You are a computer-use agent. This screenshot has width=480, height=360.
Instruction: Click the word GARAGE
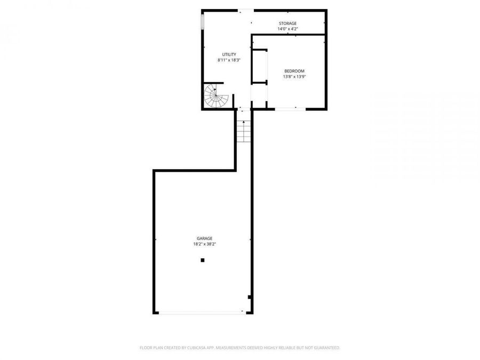coord(204,238)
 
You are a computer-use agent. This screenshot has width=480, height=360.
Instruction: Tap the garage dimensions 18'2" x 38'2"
coord(204,244)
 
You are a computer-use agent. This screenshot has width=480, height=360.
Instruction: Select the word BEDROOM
coord(294,71)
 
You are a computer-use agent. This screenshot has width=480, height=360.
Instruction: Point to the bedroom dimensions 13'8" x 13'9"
coord(294,77)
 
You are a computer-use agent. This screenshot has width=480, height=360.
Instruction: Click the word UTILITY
coord(229,54)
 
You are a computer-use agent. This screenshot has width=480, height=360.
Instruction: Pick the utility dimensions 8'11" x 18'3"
coord(229,60)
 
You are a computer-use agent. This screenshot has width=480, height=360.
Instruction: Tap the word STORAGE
coord(287,23)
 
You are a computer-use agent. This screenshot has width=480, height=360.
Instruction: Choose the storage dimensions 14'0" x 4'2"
coord(287,29)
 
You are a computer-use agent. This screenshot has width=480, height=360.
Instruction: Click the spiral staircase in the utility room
coord(215,97)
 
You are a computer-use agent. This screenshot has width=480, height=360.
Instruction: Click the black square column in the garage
coord(203,260)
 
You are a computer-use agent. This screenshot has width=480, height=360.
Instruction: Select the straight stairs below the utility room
coord(244,131)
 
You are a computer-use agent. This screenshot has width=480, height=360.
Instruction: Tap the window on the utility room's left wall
coord(203,22)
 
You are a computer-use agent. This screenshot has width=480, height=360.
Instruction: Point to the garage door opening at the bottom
coord(203,313)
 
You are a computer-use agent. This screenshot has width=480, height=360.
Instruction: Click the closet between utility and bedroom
coord(259,67)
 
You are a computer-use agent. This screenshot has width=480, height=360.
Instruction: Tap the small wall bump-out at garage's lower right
coord(250,297)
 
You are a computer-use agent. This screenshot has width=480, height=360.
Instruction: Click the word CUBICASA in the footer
coord(195,348)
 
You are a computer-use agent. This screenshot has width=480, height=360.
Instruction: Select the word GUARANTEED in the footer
coord(325,348)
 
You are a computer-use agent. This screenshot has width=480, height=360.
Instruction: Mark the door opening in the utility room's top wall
coord(246,10)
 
